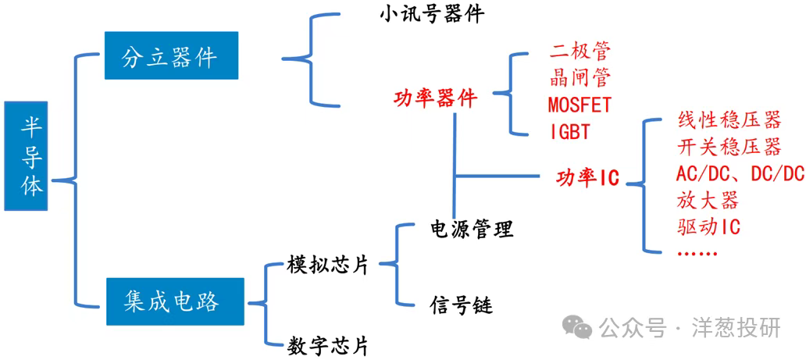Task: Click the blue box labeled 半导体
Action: click(x=31, y=156)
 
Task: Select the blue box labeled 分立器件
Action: click(x=170, y=55)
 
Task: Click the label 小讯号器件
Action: click(x=432, y=14)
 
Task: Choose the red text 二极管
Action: click(x=579, y=52)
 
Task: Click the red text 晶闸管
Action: click(x=579, y=77)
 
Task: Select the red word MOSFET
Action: click(x=580, y=104)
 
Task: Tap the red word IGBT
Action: click(x=569, y=130)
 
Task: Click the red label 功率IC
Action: click(x=587, y=177)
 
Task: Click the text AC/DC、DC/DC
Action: click(x=739, y=173)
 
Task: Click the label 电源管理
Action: click(x=472, y=229)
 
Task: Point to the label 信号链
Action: click(x=461, y=304)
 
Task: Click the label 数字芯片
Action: click(x=327, y=344)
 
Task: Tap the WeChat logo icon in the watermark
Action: click(x=580, y=328)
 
